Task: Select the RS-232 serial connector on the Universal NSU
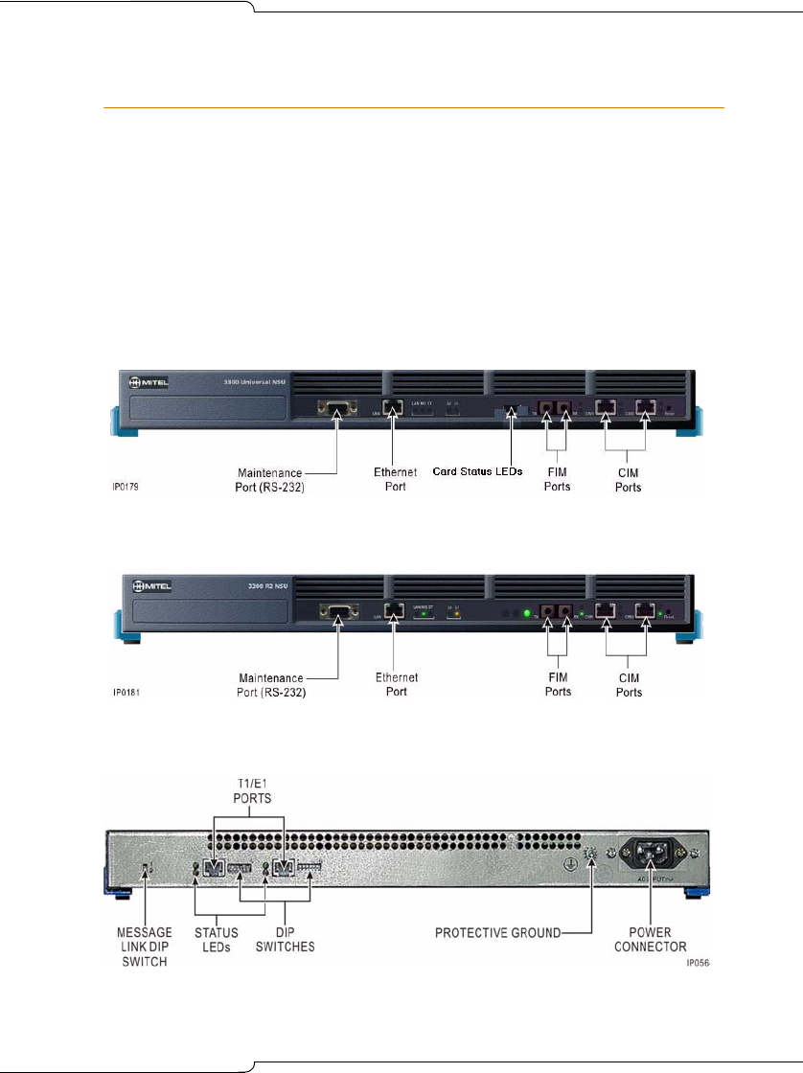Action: point(336,409)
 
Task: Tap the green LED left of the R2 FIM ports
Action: point(526,612)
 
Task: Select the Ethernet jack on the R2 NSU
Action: point(392,609)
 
